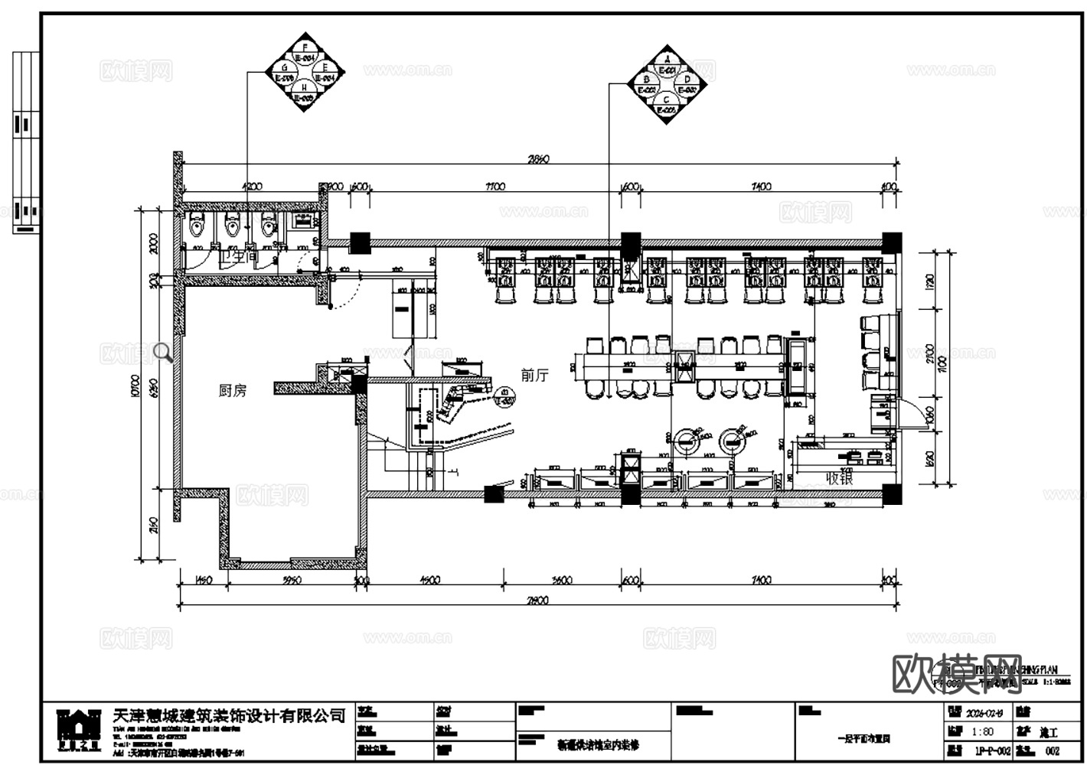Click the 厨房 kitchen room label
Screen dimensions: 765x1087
coord(233,390)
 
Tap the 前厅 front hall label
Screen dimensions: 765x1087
coord(534,375)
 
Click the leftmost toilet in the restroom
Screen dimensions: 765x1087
coord(197,225)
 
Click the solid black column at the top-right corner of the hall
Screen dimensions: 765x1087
coord(890,243)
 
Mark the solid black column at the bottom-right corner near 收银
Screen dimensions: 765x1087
coord(890,493)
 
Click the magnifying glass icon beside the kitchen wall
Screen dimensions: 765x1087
coord(162,352)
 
